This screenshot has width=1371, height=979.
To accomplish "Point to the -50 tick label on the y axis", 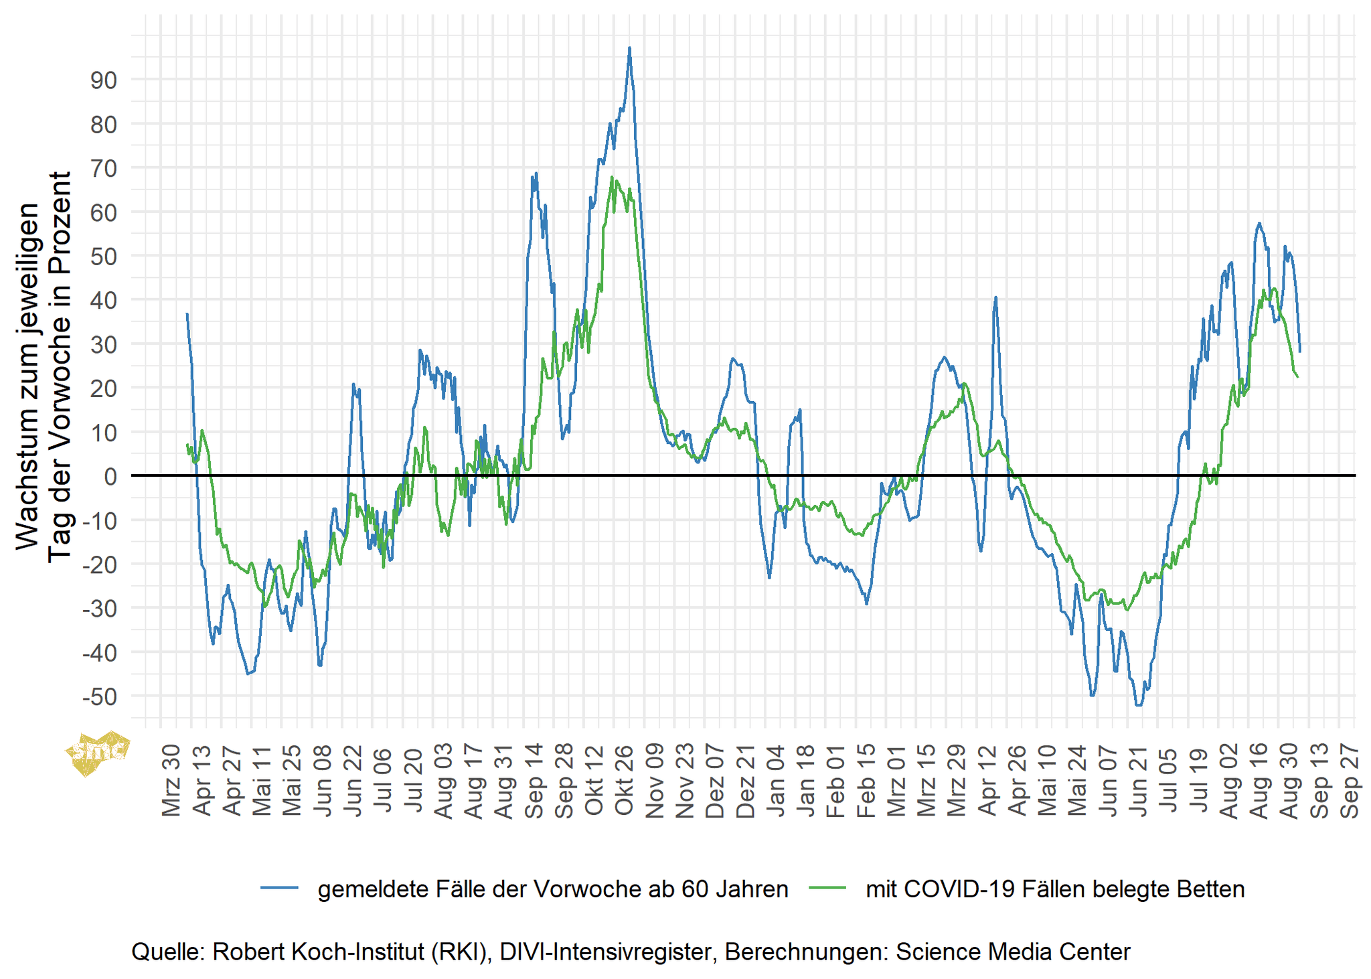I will tap(100, 697).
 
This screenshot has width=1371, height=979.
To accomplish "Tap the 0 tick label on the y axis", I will tap(110, 477).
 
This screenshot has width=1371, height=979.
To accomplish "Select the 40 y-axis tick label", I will tap(103, 301).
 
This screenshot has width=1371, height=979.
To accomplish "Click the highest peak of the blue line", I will tap(629, 48).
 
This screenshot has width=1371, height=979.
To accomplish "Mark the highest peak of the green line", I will tap(612, 177).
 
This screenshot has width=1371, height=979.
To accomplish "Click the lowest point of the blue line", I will tap(1139, 705).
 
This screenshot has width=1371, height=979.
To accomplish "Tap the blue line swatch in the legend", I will tap(279, 889).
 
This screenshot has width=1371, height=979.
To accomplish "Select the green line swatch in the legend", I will tap(827, 889).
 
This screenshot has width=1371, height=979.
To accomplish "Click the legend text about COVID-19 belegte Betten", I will tap(1055, 889).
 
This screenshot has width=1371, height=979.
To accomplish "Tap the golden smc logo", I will tap(97, 751).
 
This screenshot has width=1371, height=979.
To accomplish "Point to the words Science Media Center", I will tap(1013, 952).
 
